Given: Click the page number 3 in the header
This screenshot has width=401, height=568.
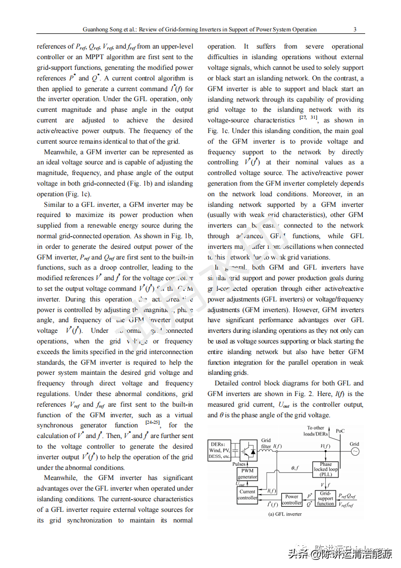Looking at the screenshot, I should tap(355, 29).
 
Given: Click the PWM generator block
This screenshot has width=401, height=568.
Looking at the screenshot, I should tap(247, 473).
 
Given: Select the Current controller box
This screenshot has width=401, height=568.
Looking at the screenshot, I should tap(247, 494).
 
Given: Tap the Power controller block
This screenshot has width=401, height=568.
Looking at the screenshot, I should tap(291, 500).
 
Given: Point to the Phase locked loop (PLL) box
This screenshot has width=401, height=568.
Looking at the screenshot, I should tap(326, 469).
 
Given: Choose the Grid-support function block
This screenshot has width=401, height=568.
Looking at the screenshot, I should tap(325, 498).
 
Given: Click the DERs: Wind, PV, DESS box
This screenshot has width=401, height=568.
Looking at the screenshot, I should tap(219, 450).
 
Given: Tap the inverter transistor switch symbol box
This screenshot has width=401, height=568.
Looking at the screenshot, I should tap(248, 449).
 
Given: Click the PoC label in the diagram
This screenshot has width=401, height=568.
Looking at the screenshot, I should tap(340, 431).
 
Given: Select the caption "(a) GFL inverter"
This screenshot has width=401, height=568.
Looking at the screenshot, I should tap(284, 514).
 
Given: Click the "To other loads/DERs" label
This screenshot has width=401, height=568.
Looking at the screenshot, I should tap(316, 431).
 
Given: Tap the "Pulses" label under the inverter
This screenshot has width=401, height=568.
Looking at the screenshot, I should tap(239, 464).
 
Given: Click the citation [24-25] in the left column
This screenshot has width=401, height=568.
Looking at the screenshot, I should tap(153, 423).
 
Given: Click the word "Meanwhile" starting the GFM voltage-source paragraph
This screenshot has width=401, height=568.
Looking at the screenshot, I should tap(57, 152).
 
